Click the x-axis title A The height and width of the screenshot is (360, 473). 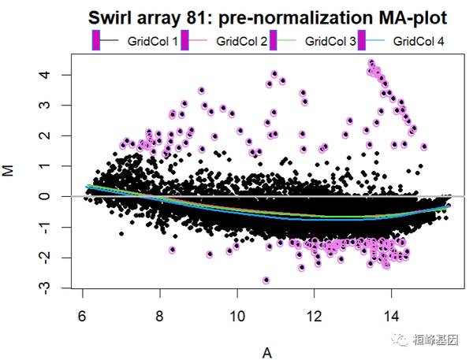(267, 353)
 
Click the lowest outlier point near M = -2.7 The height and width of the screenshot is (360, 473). (266, 280)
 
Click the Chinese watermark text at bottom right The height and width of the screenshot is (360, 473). (439, 340)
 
